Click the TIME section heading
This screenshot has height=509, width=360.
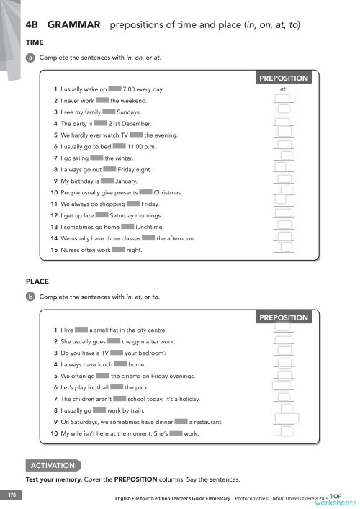pos(35,42)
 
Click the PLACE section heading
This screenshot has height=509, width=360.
pos(37,282)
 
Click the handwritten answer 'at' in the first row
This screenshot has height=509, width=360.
pos(283,89)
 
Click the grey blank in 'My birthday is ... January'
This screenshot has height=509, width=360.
pos(107,181)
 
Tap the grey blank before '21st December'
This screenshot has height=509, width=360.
pos(100,123)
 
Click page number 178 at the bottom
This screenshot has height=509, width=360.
pos(12,495)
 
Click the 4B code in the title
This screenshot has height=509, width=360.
pos(33,25)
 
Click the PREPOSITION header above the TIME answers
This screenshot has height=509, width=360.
pos(283,78)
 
